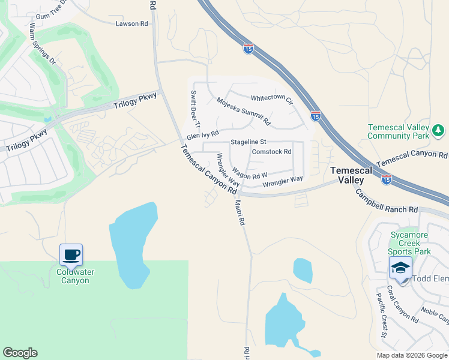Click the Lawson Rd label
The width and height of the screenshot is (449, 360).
[131, 24]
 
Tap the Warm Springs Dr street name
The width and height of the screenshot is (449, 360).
[43, 44]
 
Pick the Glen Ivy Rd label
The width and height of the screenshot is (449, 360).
[203, 136]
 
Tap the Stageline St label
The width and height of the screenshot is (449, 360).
[248, 142]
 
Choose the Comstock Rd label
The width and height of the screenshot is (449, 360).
[271, 152]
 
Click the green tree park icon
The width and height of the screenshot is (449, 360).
[438, 130]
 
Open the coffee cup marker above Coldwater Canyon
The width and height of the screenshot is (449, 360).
[71, 254]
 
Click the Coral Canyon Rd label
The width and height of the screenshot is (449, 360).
[402, 303]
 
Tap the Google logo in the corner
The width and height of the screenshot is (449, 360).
[20, 353]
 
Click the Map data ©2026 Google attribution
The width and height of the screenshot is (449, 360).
[412, 355]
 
